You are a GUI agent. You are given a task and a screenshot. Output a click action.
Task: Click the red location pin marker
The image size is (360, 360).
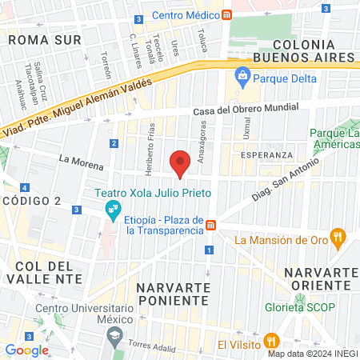pos(181,162)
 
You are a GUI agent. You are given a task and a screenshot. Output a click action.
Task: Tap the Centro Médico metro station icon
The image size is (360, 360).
pos(227,15)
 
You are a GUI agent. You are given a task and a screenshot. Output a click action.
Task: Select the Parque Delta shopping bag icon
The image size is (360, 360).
pos(242,78)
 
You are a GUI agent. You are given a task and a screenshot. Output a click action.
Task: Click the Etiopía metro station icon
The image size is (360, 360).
pos(210,225)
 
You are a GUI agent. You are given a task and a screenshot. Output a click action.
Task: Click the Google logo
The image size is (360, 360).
pos(26,350)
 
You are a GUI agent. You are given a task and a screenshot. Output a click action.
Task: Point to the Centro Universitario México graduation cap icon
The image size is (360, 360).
pos(114,334)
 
